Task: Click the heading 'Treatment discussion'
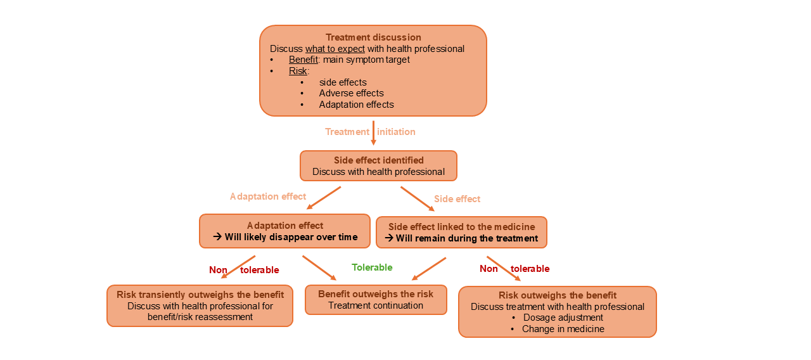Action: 373,37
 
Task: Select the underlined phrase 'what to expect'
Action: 335,49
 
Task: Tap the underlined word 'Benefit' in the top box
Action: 303,60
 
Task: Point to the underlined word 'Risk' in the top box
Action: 298,71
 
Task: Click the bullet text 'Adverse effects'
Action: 351,93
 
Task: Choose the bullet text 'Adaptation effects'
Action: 356,105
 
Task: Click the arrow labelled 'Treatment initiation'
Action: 373,132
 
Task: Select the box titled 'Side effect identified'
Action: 378,166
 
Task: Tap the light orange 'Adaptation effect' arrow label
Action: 268,196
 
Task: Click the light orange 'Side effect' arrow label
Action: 457,199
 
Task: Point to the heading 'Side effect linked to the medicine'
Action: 461,227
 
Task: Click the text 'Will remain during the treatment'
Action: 467,239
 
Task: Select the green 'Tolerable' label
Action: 372,267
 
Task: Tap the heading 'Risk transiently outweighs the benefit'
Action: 200,295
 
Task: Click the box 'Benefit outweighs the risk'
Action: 376,300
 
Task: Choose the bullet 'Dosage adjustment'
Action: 563,318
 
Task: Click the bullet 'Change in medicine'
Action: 563,329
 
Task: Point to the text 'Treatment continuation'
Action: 376,305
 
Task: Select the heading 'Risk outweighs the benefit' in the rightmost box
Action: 557,295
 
